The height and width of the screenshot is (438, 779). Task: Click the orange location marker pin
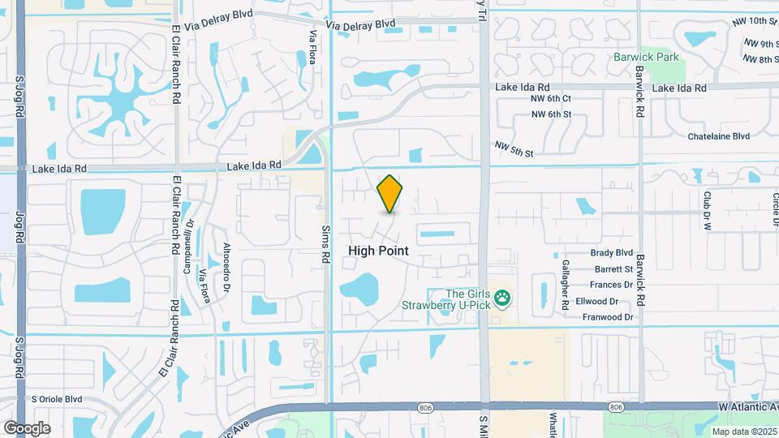tap(389, 194)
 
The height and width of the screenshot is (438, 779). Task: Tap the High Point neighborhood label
tap(378, 251)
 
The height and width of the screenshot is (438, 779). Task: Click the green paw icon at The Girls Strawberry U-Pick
tap(503, 299)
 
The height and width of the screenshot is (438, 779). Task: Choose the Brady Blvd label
tap(612, 253)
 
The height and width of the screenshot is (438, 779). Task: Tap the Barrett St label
tap(613, 269)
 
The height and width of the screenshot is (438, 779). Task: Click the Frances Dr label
tap(611, 285)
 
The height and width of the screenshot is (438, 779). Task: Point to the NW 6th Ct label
tap(552, 98)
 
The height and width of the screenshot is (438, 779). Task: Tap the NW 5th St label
tap(514, 148)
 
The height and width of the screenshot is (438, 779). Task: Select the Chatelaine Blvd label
tap(718, 136)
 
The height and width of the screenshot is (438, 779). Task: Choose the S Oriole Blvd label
tap(57, 399)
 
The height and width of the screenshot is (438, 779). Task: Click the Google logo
tap(27, 428)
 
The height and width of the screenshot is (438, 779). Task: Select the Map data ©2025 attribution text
tap(743, 432)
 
